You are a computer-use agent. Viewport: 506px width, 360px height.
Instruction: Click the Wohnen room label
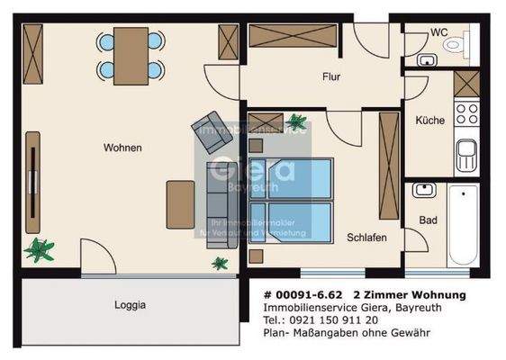pyautogui.click(x=122, y=148)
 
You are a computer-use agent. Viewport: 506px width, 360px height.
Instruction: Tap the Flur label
pyautogui.click(x=332, y=77)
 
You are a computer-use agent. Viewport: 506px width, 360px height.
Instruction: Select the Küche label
pyautogui.click(x=429, y=120)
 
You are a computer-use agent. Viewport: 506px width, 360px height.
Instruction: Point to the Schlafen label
pyautogui.click(x=366, y=238)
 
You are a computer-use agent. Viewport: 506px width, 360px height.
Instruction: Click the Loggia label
pyautogui.click(x=130, y=305)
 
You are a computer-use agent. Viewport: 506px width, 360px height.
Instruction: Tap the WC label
pyautogui.click(x=438, y=32)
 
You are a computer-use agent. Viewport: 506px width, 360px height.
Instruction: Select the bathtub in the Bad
pyautogui.click(x=463, y=224)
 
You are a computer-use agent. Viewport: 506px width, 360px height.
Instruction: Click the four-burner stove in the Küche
pyautogui.click(x=466, y=113)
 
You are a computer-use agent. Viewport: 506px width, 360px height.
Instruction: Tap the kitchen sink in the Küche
pyautogui.click(x=465, y=155)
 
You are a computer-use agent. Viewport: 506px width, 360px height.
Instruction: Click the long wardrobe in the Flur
pyautogui.click(x=293, y=36)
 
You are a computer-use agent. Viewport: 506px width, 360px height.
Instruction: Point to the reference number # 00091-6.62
pyautogui.click(x=303, y=294)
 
